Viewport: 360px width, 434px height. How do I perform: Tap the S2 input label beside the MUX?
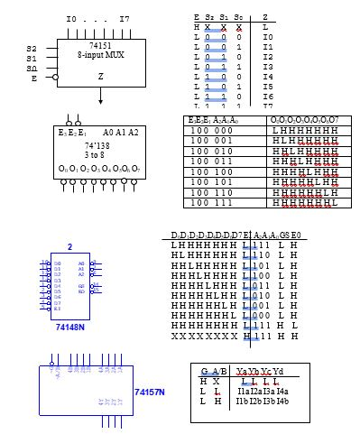click(x=32, y=49)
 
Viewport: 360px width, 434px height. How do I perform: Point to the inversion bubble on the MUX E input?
click(x=54, y=78)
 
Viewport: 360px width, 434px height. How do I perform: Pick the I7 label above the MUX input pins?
click(x=124, y=18)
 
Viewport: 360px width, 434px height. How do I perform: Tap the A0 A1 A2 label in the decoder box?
click(x=121, y=132)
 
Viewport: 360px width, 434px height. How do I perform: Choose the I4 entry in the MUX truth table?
click(x=267, y=78)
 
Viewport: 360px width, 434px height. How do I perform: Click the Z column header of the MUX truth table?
click(x=264, y=17)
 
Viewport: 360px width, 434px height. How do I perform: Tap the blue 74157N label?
click(x=149, y=392)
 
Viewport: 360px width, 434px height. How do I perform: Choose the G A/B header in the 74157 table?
click(x=213, y=371)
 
